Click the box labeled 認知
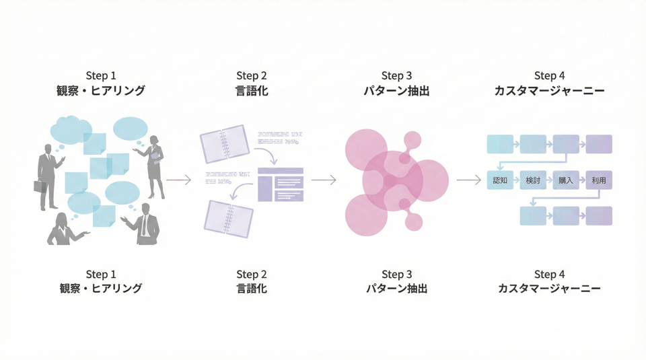pos(499,180)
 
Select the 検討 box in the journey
pos(533,180)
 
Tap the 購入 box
pos(566,180)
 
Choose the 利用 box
pos(599,180)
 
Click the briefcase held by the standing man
pos(40,186)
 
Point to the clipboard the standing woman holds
pos(157,157)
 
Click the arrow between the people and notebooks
pos(179,180)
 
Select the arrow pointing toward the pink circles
pos(324,180)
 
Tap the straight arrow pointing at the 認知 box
pos(469,180)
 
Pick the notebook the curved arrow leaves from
pos(224,143)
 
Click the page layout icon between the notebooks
pos(281,184)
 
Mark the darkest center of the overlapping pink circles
pos(390,180)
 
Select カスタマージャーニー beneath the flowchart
pos(549,289)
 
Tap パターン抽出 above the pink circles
pos(396,90)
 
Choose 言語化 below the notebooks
pos(252,289)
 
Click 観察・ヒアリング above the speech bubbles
pos(101,90)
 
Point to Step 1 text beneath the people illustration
pos(101,275)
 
